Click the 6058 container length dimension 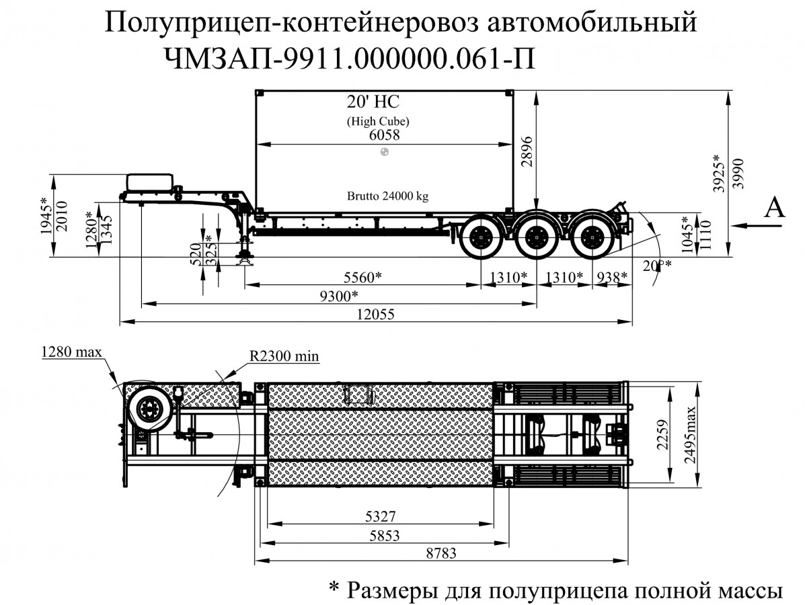[x=384, y=135]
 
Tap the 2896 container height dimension [x=527, y=151]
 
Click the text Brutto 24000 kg [x=387, y=197]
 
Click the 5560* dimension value [x=362, y=276]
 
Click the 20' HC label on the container [x=373, y=102]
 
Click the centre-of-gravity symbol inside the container [x=384, y=153]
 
